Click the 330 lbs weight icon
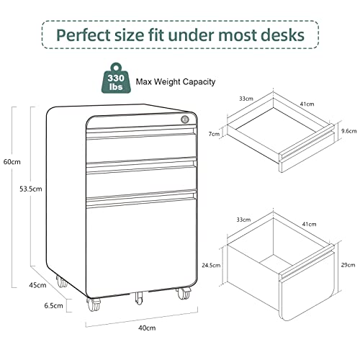[116, 78]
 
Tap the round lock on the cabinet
[185, 120]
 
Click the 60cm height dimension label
[12, 162]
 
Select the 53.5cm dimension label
[31, 189]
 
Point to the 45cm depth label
[37, 285]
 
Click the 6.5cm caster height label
[53, 305]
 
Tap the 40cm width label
[147, 328]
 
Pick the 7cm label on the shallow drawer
[214, 134]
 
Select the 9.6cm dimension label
[349, 131]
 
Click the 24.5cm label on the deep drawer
[211, 265]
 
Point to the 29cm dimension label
[348, 265]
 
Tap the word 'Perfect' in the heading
[84, 35]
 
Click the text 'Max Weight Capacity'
[176, 82]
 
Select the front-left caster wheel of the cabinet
[94, 305]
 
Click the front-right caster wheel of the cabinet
[184, 293]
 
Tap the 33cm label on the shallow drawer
[246, 99]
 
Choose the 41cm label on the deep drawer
[309, 224]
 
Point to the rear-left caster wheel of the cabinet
[62, 282]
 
